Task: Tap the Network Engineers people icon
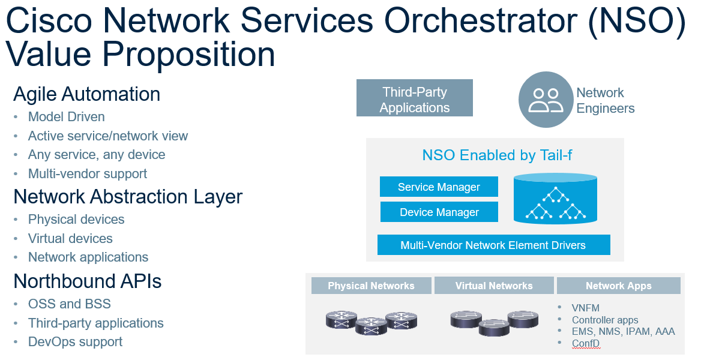pyautogui.click(x=546, y=100)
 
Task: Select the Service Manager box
pyautogui.click(x=439, y=187)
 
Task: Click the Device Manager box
pyautogui.click(x=439, y=212)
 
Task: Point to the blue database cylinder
pyautogui.click(x=555, y=199)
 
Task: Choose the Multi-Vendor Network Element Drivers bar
pyautogui.click(x=493, y=245)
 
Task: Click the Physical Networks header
pyautogui.click(x=371, y=286)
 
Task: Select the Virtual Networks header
pyautogui.click(x=494, y=286)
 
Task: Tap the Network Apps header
pyautogui.click(x=618, y=286)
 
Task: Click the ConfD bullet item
pyautogui.click(x=585, y=343)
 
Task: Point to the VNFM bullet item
pyautogui.click(x=585, y=308)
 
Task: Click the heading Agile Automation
pyautogui.click(x=86, y=94)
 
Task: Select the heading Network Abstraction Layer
pyautogui.click(x=128, y=197)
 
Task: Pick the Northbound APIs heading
pyautogui.click(x=87, y=281)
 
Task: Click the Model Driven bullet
pyautogui.click(x=66, y=117)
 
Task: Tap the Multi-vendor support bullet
pyautogui.click(x=87, y=173)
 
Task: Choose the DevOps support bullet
pyautogui.click(x=75, y=342)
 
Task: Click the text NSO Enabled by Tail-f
pyautogui.click(x=497, y=156)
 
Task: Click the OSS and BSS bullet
pyautogui.click(x=69, y=304)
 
